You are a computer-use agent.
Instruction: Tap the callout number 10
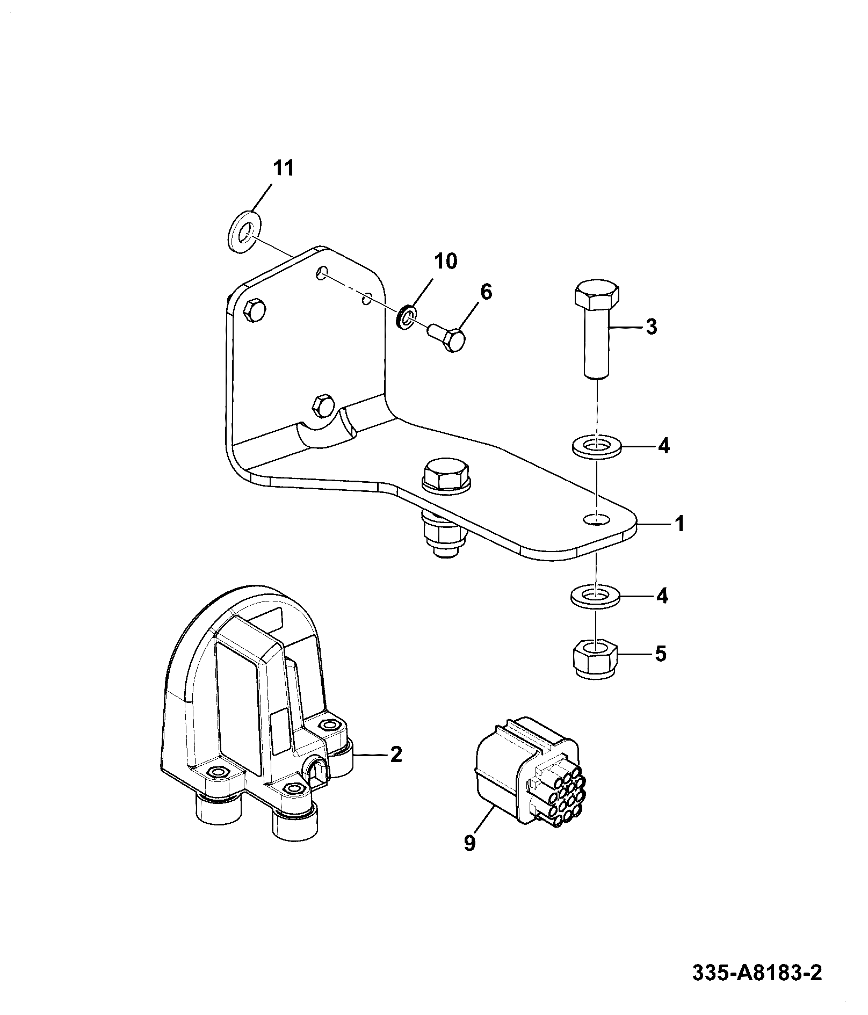[x=445, y=262]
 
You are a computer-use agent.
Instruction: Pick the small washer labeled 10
[x=407, y=317]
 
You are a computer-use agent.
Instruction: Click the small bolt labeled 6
[x=447, y=337]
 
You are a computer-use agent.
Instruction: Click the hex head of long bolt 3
[x=596, y=294]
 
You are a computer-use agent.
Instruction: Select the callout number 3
[x=651, y=327]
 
